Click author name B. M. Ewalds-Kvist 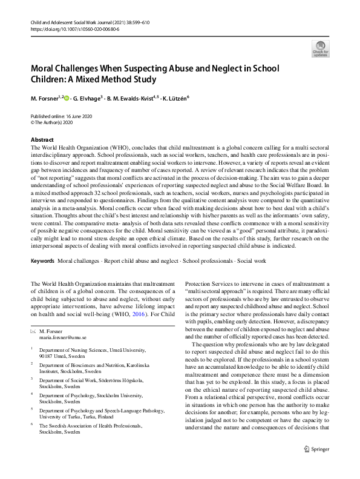click(132, 97)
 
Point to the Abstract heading click(42, 140)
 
